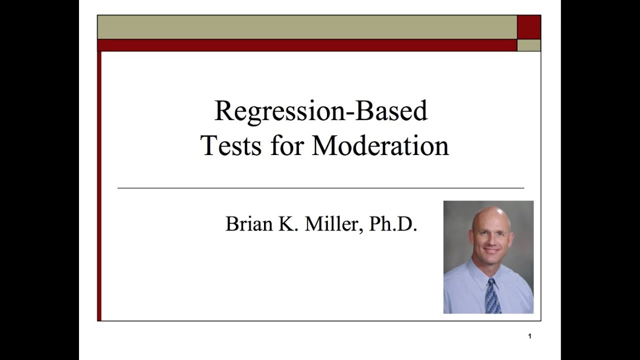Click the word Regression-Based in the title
click(x=320, y=111)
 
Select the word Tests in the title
click(x=230, y=146)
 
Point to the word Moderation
click(x=380, y=146)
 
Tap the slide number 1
click(x=529, y=336)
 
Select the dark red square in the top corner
click(x=528, y=27)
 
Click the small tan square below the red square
click(x=528, y=45)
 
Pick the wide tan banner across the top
click(x=307, y=27)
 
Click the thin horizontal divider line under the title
click(x=320, y=188)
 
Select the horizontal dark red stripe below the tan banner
click(x=307, y=45)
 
